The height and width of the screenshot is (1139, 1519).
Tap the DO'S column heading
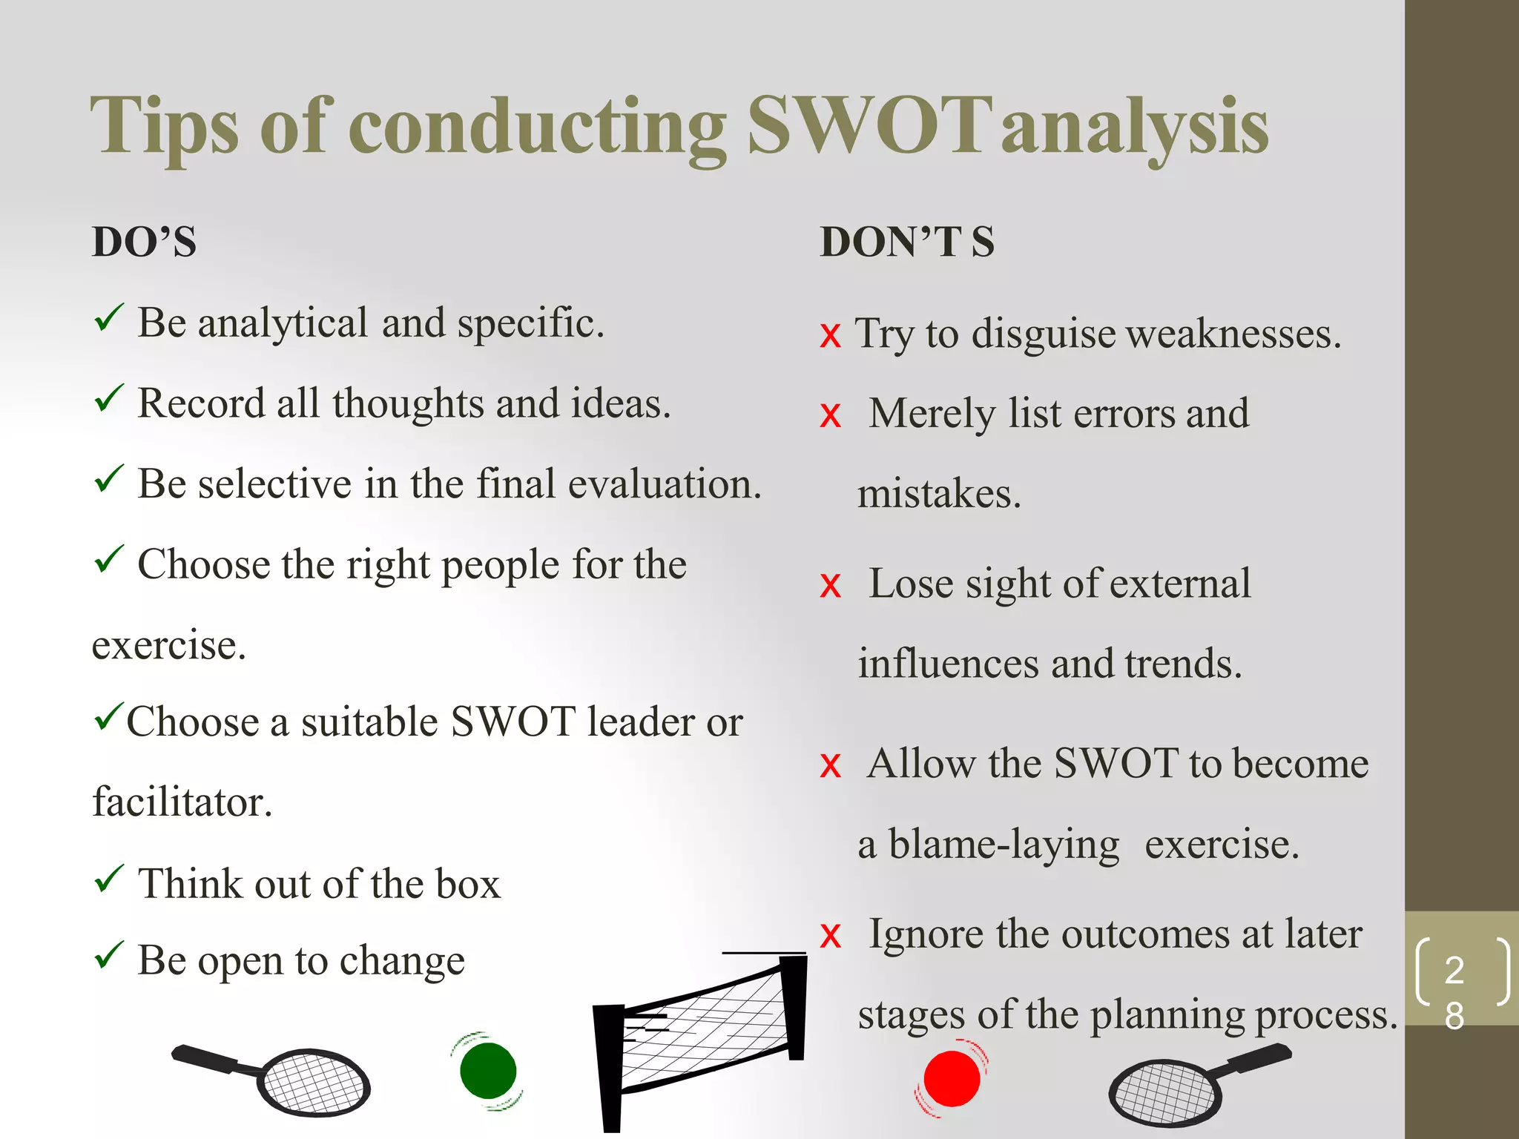tap(144, 242)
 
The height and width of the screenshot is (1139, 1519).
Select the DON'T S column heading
tap(906, 242)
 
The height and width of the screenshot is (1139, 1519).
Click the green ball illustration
tap(487, 1071)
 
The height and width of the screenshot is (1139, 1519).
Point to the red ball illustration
tap(952, 1078)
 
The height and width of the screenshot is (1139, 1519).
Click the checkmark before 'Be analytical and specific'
tap(109, 318)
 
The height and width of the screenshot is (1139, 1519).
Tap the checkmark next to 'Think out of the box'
tap(109, 879)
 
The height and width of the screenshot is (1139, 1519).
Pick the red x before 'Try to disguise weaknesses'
tap(831, 336)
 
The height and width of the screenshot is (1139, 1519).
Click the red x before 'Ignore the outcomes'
tap(831, 936)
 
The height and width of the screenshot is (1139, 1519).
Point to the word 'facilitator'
tap(182, 802)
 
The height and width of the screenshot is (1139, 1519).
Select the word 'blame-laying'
tap(1004, 845)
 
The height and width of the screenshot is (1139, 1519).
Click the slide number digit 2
tap(1454, 970)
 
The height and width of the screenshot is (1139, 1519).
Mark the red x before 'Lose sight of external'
tap(831, 586)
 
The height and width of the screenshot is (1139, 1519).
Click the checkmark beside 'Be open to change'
tap(109, 955)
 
